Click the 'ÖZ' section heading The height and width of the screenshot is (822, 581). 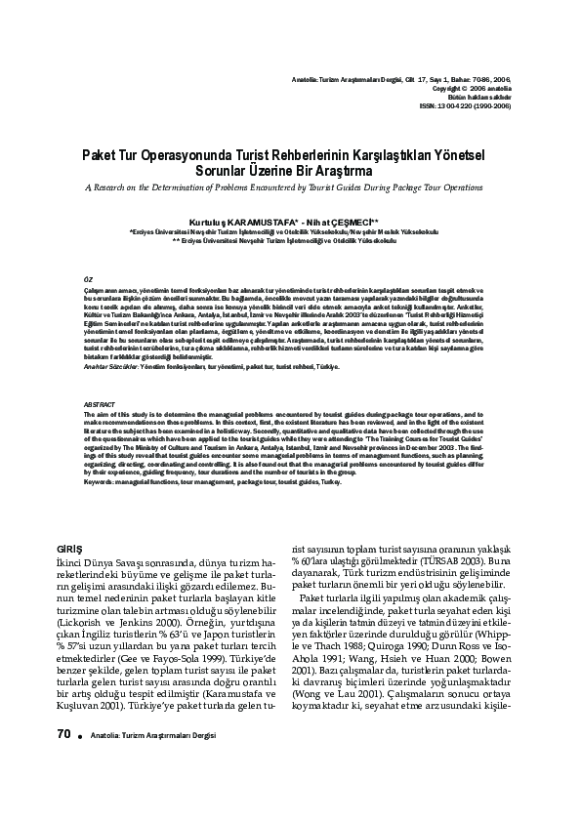(x=88, y=279)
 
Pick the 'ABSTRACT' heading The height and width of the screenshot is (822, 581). (x=100, y=404)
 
